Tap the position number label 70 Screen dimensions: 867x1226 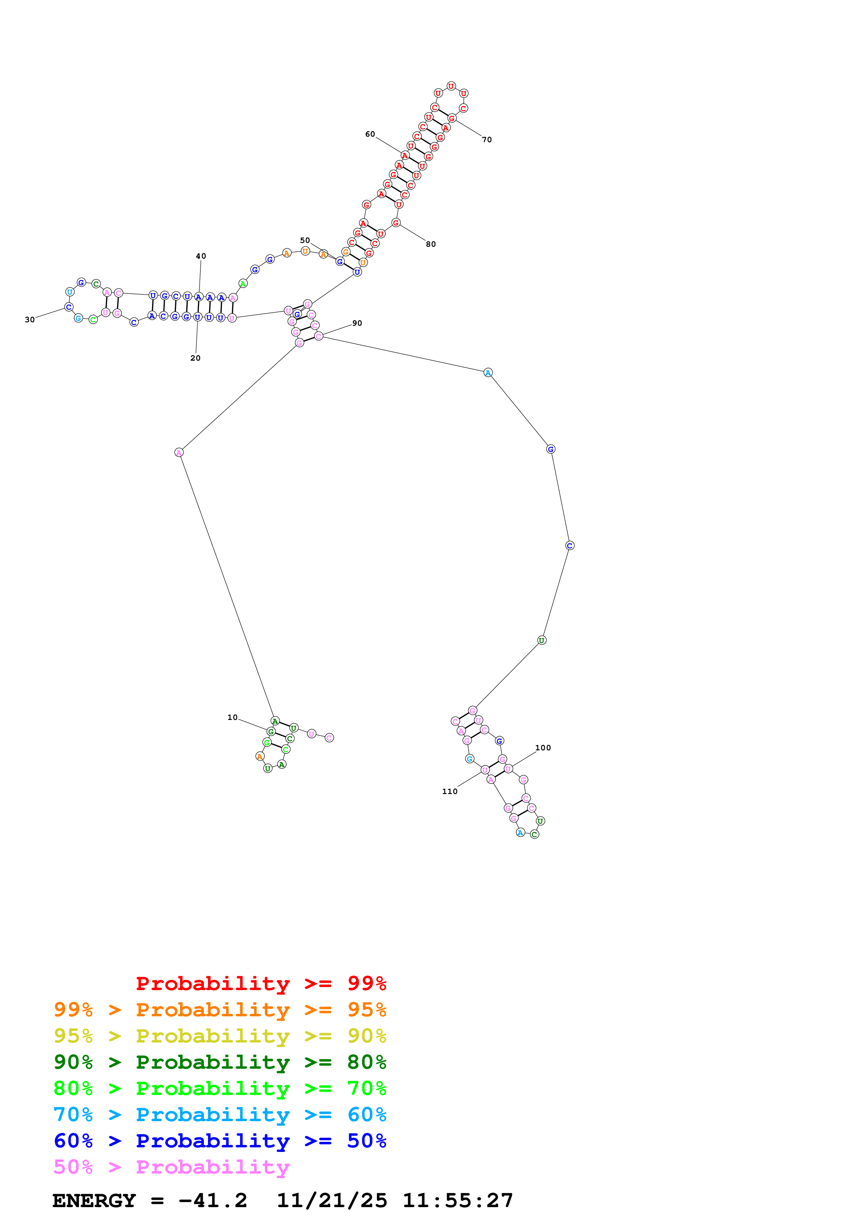pos(486,140)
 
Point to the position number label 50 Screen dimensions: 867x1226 pos(305,240)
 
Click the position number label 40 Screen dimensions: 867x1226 pos(201,256)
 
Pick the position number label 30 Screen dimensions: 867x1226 pos(29,320)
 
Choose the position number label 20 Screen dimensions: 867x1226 pos(196,358)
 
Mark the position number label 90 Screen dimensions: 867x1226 pos(357,323)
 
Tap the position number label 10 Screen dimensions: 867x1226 pos(232,717)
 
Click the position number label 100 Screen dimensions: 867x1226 pos(543,748)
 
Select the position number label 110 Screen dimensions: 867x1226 pos(449,791)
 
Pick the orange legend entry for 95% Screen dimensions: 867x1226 pos(220,1009)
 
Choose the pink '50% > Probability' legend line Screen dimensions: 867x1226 pos(171,1167)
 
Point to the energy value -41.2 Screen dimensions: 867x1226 pos(213,1200)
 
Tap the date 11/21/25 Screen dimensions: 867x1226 pos(332,1200)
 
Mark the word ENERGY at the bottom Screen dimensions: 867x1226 pos(94,1200)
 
